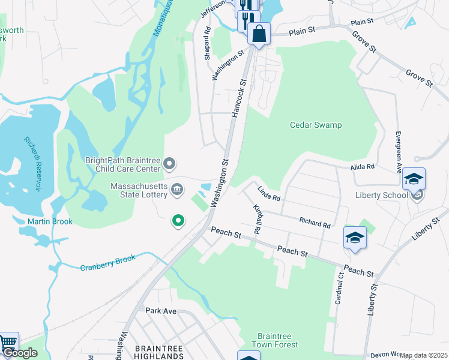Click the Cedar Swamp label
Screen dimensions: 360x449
pos(316,125)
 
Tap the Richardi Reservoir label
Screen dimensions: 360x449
pos(32,164)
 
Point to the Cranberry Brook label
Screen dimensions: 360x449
pos(108,263)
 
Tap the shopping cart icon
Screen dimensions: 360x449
pos(7,342)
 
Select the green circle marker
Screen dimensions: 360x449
pos(178,221)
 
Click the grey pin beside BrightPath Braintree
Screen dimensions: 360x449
pos(170,163)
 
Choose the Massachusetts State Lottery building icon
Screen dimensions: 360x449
pos(177,190)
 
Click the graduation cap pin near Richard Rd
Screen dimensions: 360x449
pos(355,238)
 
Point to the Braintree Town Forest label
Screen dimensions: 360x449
pos(277,340)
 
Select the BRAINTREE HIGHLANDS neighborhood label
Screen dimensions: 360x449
pos(160,352)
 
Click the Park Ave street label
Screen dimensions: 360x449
pos(161,310)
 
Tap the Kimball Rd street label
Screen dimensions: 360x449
pos(258,219)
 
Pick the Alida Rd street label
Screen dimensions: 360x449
pos(363,167)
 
